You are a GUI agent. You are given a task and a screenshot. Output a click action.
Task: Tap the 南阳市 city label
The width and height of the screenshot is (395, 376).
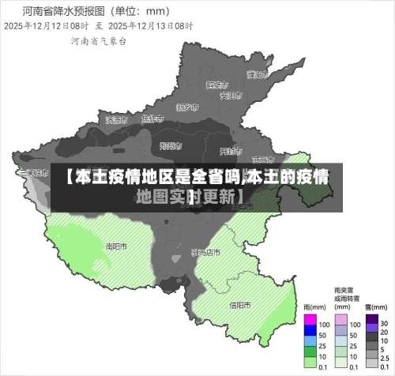116,246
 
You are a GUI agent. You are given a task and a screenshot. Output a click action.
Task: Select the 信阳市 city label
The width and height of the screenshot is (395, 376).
240,304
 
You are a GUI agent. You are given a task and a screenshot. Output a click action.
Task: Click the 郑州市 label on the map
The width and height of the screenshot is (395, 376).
171,145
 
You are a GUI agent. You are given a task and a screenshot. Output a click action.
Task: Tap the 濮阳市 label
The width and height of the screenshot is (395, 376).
254,75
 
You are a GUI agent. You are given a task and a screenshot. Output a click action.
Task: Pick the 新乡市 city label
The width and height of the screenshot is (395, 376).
187,107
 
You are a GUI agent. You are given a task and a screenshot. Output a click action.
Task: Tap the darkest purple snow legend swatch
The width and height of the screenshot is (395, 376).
371,323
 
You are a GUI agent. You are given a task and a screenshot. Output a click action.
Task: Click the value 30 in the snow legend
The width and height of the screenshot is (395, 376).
385,324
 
